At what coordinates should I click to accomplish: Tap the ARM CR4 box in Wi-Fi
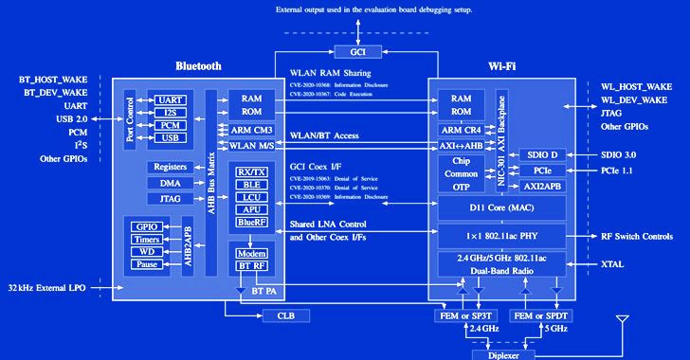coord(461,131)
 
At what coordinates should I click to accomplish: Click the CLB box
coord(286,315)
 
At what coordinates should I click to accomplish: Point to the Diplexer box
coord(502,354)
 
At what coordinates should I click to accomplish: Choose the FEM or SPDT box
coord(543,315)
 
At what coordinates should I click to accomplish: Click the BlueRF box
coord(252,222)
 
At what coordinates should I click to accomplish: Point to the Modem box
coord(252,255)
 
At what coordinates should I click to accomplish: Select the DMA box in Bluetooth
coord(170,183)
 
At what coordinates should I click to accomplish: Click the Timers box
coord(148,241)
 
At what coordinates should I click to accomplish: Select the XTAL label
coord(612,264)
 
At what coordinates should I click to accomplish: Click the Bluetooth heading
coord(199,66)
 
